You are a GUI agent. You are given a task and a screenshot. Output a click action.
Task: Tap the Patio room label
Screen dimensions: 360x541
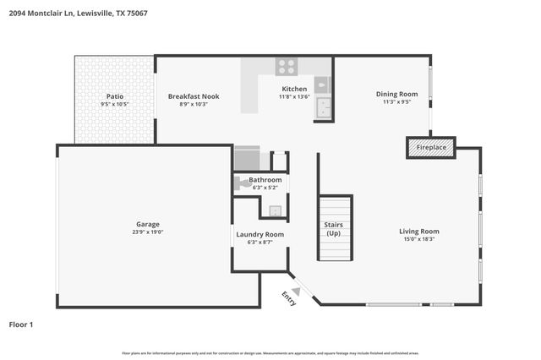point(115,96)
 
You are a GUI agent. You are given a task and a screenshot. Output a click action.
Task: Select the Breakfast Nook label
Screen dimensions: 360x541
point(193,96)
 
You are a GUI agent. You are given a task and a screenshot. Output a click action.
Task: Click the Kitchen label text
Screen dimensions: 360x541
point(294,89)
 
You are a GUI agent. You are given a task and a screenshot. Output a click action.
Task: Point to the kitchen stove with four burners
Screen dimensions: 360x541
point(287,66)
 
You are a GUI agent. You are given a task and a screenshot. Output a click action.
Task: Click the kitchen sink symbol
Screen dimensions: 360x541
point(323,85)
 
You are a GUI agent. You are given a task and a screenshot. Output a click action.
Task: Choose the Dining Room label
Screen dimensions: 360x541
point(396,94)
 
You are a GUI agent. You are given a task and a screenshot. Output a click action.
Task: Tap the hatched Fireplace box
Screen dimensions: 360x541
point(431,148)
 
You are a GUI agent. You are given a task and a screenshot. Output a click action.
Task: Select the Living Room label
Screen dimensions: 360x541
point(419,231)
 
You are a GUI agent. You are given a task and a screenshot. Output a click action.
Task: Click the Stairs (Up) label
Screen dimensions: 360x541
point(334,228)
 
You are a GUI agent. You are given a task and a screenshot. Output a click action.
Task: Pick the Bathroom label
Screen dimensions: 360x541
point(265,180)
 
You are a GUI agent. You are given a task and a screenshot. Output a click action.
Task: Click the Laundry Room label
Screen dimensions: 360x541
point(260,234)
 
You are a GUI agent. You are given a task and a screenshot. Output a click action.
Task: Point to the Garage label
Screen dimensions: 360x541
point(148,224)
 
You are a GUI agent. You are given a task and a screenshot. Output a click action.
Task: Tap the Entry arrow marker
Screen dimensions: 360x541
point(296,292)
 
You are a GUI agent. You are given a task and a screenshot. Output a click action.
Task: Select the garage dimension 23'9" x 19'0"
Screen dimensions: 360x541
point(148,232)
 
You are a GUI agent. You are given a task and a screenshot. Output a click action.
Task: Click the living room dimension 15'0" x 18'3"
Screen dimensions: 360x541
point(419,239)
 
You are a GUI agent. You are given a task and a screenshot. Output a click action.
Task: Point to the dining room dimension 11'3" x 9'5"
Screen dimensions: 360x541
point(396,102)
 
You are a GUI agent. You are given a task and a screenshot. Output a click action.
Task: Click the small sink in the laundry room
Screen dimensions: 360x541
point(274,211)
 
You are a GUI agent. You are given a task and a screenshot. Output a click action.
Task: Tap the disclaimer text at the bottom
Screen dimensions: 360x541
point(270,352)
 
